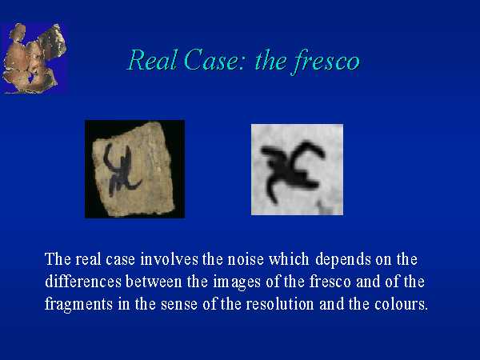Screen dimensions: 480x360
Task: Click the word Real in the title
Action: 152,60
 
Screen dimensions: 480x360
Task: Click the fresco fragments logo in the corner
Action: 34,58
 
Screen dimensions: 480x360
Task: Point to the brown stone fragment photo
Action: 134,169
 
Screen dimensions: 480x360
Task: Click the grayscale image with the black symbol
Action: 297,170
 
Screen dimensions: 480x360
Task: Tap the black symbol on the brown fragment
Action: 122,169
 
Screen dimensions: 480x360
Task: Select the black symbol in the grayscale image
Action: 292,171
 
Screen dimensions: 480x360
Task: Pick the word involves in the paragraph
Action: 170,259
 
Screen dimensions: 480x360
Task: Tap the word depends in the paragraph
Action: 343,259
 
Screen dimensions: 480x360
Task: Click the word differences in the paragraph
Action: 83,282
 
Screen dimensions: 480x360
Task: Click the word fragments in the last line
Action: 78,305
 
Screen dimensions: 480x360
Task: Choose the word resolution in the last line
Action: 280,304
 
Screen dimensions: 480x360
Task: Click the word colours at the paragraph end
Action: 401,304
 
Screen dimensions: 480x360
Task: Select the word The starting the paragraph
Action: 58,259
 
